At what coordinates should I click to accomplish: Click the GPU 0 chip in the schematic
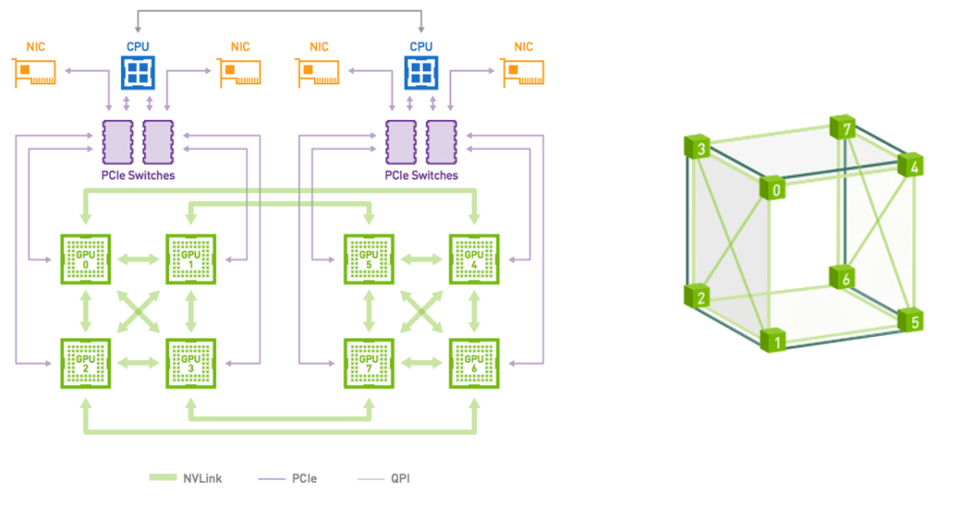click(x=85, y=260)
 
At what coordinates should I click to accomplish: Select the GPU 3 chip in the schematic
click(x=190, y=363)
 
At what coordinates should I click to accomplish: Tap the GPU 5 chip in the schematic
click(x=368, y=260)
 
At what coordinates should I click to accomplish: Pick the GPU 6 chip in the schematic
click(x=473, y=363)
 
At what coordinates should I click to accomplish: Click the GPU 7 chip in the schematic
click(x=368, y=363)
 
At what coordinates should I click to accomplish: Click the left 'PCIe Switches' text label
click(x=138, y=175)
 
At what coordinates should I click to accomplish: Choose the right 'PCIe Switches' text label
click(x=421, y=175)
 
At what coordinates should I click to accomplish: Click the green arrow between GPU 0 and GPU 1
click(x=138, y=260)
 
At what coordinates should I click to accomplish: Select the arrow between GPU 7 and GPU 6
click(x=421, y=363)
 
